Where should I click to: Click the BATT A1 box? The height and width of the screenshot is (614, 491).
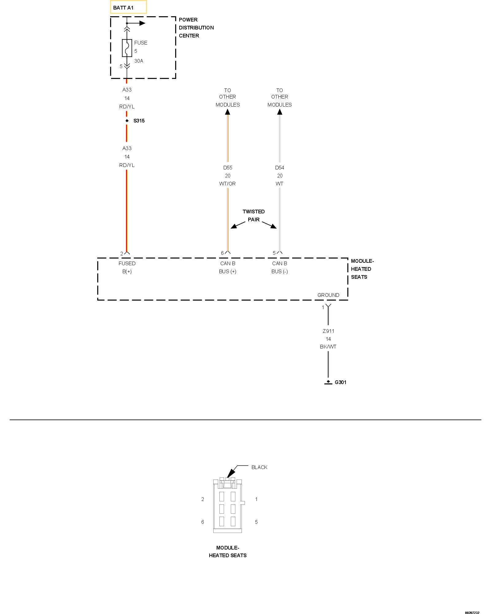(x=128, y=7)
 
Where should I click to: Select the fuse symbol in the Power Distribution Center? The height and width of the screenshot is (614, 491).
(x=127, y=48)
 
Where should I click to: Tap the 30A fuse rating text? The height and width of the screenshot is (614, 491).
(x=139, y=61)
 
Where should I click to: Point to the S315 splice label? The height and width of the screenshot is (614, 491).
(x=139, y=121)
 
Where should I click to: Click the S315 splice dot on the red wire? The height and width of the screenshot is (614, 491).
(x=127, y=121)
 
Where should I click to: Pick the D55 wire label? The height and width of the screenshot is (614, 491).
(x=228, y=168)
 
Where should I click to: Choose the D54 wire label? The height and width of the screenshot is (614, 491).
(x=280, y=168)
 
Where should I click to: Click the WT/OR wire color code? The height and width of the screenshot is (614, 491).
(x=228, y=184)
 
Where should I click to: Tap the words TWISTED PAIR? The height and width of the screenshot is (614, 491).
(x=253, y=216)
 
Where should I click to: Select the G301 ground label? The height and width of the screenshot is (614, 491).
(x=340, y=382)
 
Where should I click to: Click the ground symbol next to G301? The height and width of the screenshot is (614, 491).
(x=328, y=383)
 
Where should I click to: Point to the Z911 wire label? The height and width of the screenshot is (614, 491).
(x=328, y=331)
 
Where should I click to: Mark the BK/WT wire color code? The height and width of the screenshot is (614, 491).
(x=328, y=347)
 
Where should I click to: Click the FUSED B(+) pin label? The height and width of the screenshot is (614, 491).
(x=127, y=267)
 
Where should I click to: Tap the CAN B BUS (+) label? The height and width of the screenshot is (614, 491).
(x=228, y=267)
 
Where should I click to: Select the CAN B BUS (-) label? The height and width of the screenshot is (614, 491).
(x=280, y=267)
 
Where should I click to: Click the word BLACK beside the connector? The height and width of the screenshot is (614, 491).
(x=259, y=467)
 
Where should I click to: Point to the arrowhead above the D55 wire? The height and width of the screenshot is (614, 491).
(x=227, y=112)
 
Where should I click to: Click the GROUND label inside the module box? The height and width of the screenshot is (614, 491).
(x=328, y=295)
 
